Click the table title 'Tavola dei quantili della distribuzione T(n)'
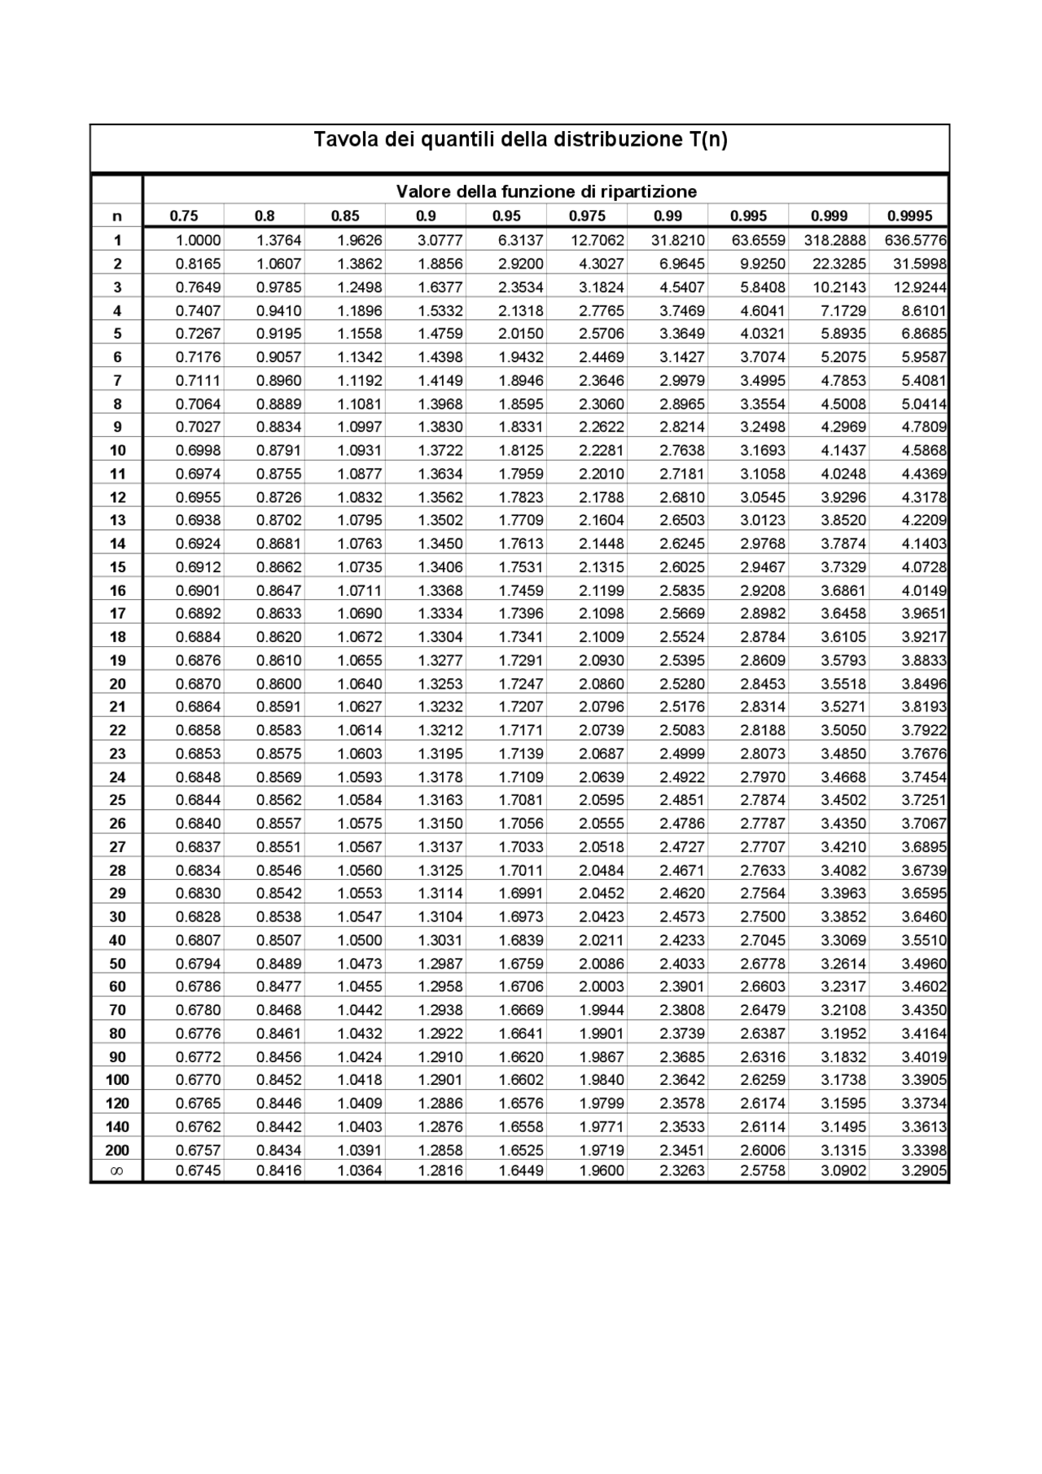click(x=520, y=140)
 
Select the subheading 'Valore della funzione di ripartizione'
click(x=546, y=192)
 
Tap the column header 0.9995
click(x=909, y=217)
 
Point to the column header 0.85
click(x=345, y=217)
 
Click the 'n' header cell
click(x=117, y=217)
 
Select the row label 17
click(x=117, y=614)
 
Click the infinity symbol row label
click(x=116, y=1171)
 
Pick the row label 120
click(x=117, y=1104)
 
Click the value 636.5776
click(x=916, y=241)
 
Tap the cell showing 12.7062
click(x=598, y=241)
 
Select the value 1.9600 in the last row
click(x=602, y=1171)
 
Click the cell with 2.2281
click(x=602, y=451)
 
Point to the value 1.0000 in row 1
click(x=199, y=241)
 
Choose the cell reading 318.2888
click(x=834, y=241)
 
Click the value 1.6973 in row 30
click(x=521, y=917)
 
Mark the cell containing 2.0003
click(x=602, y=987)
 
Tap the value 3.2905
click(x=924, y=1171)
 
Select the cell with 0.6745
click(x=199, y=1171)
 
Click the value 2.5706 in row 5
click(x=602, y=334)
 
